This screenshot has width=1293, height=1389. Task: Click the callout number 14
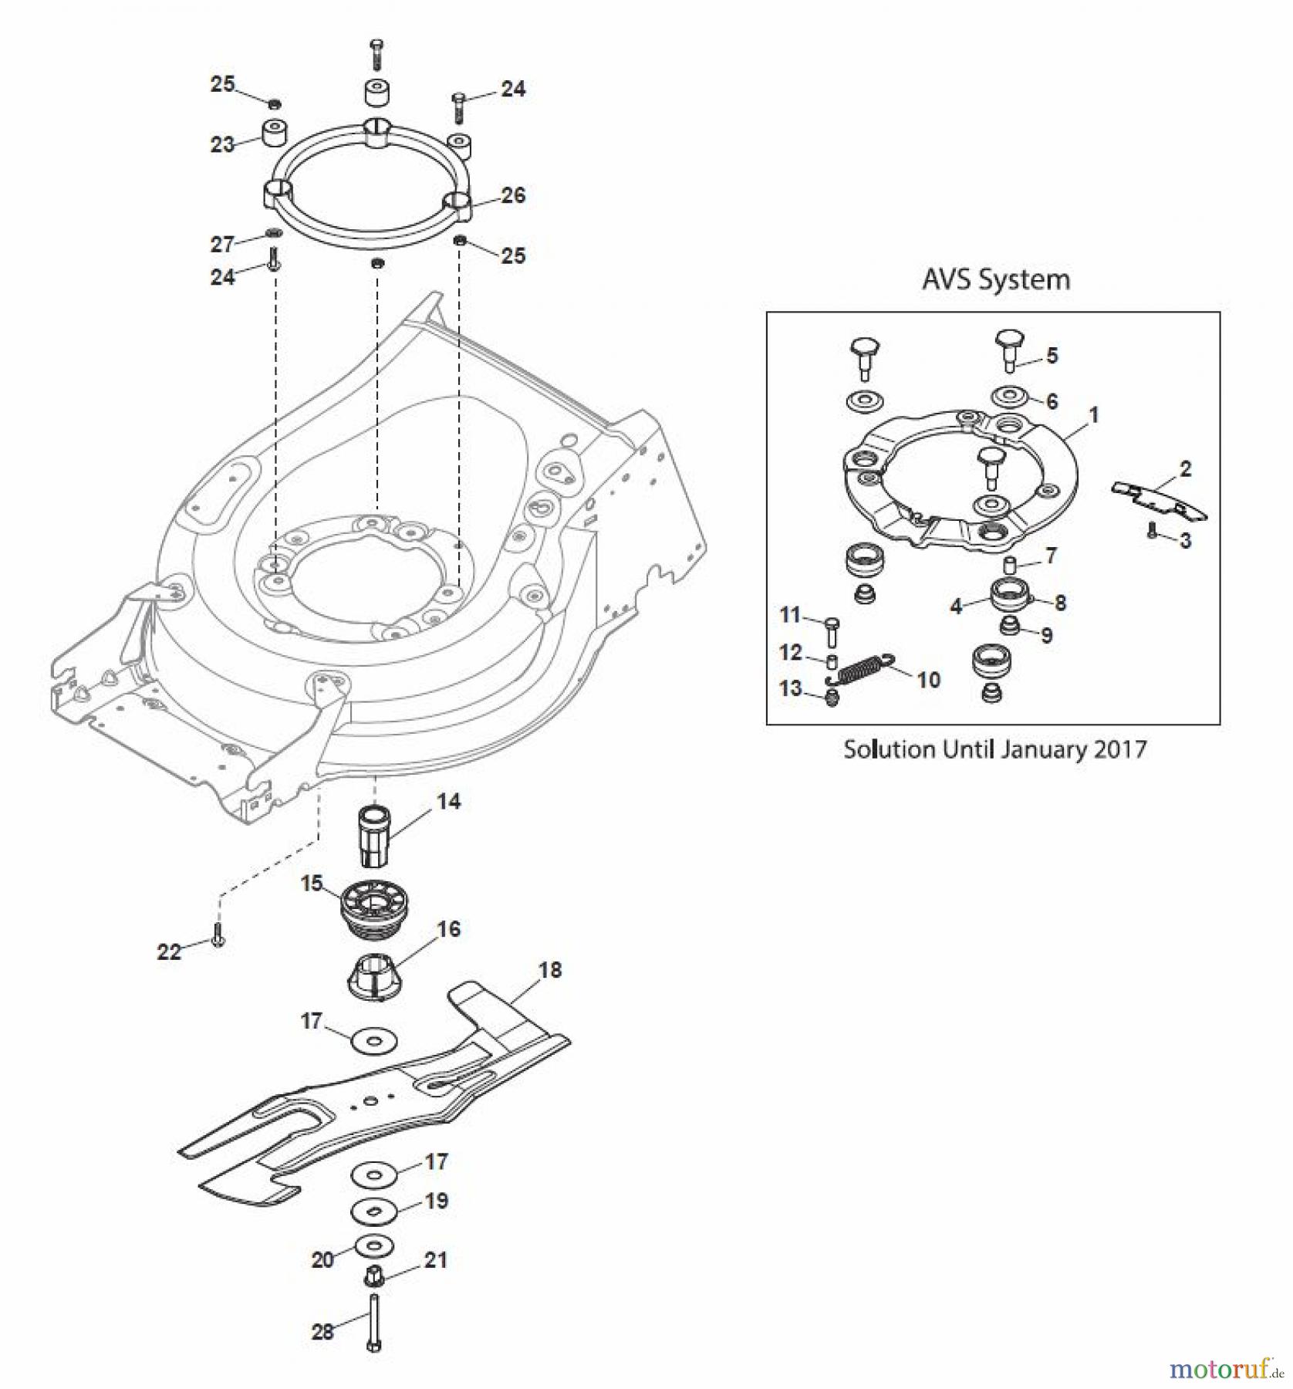pos(448,802)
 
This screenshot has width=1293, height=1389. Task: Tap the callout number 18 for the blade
pos(550,970)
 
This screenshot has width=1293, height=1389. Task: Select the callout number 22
pos(169,951)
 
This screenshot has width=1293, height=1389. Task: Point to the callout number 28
pos(322,1331)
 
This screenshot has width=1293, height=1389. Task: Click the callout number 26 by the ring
pos(513,195)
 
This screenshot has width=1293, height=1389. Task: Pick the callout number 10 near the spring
pos(928,680)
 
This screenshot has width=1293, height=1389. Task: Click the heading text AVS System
pos(996,279)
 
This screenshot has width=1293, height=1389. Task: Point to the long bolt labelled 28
pos(374,1322)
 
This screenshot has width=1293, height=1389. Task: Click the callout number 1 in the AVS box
pos(1093,415)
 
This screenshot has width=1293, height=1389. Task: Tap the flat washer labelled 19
pos(374,1211)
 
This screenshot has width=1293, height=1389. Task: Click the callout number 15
pos(312,883)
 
